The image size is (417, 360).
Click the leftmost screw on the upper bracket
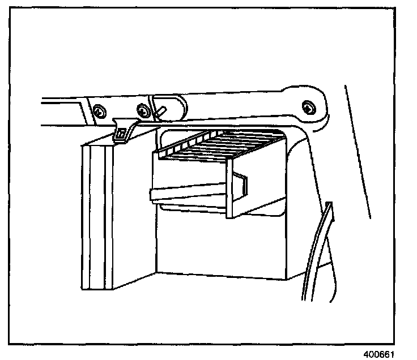99,112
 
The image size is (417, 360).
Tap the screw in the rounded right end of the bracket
308,106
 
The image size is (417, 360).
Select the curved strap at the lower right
317,255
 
